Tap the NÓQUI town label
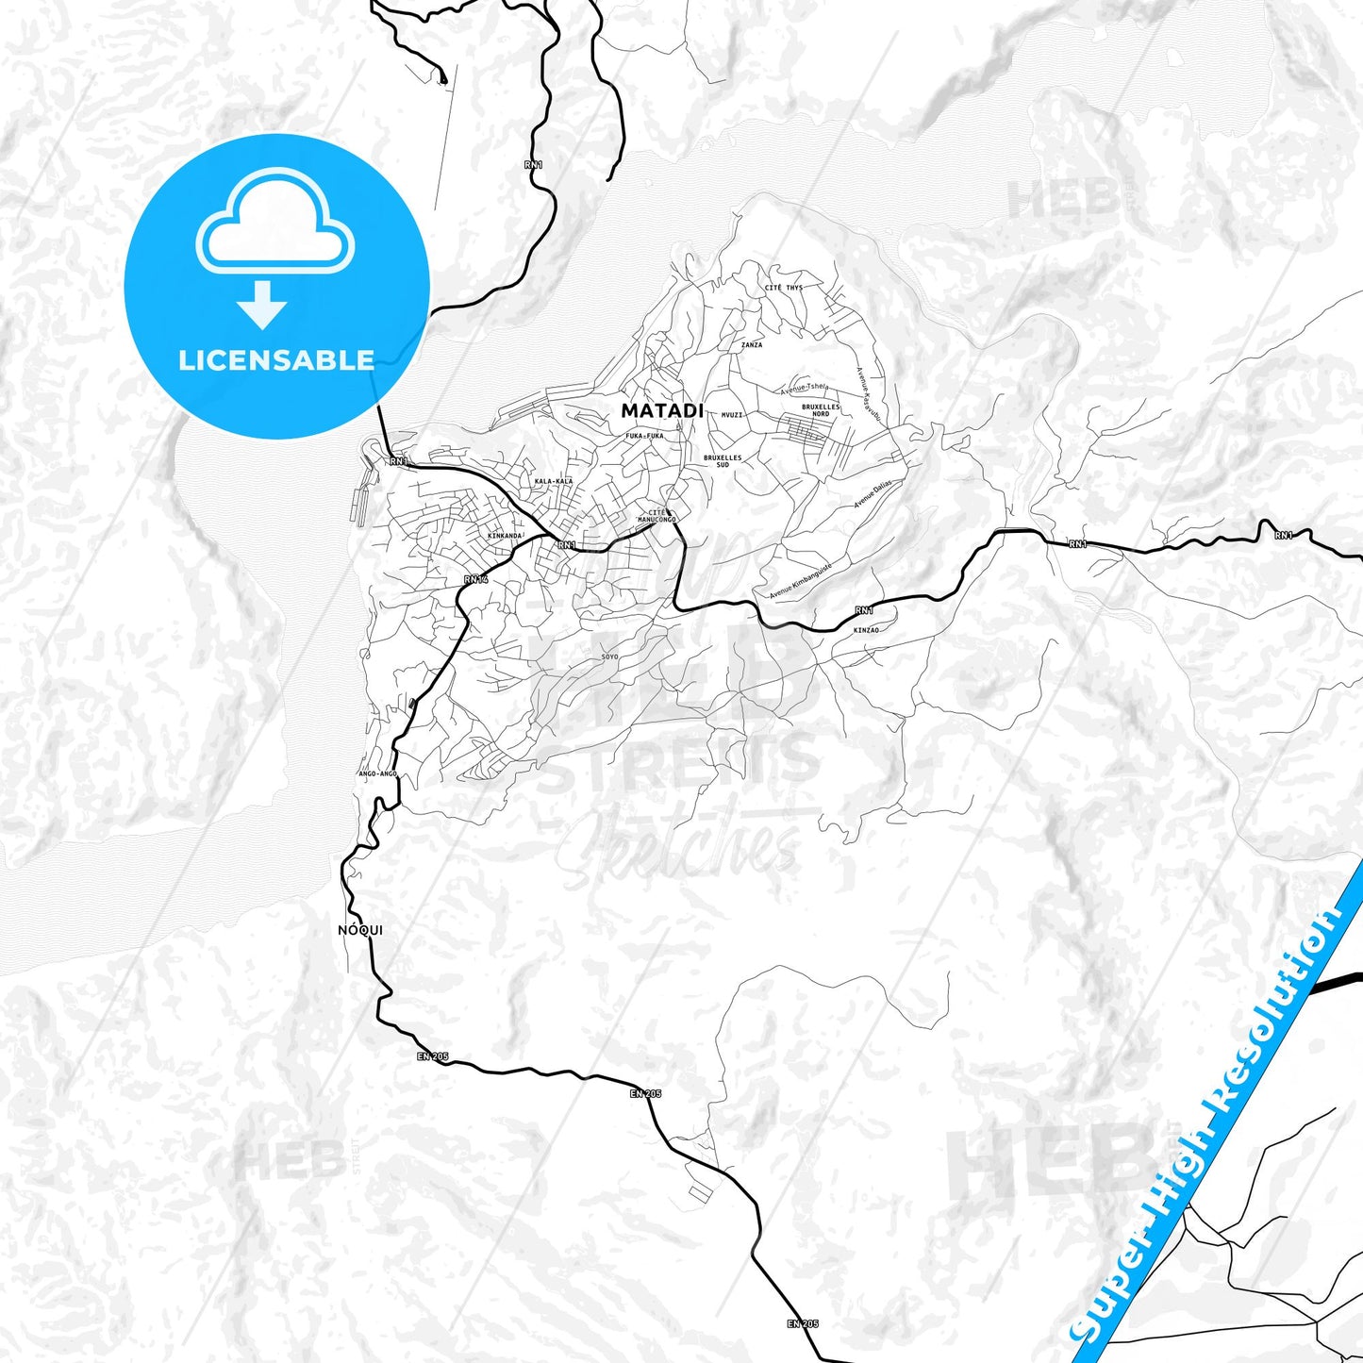click(x=360, y=930)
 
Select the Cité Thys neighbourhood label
click(x=784, y=288)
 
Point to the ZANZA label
click(x=752, y=345)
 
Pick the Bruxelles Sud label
click(x=723, y=461)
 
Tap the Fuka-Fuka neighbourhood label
click(x=645, y=436)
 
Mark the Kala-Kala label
click(x=554, y=481)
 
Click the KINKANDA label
click(x=505, y=536)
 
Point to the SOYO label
click(x=609, y=656)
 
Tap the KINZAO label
click(x=866, y=629)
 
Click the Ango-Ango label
click(x=378, y=773)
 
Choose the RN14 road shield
click(x=475, y=579)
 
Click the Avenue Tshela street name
click(x=805, y=388)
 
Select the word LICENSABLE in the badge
click(x=276, y=360)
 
